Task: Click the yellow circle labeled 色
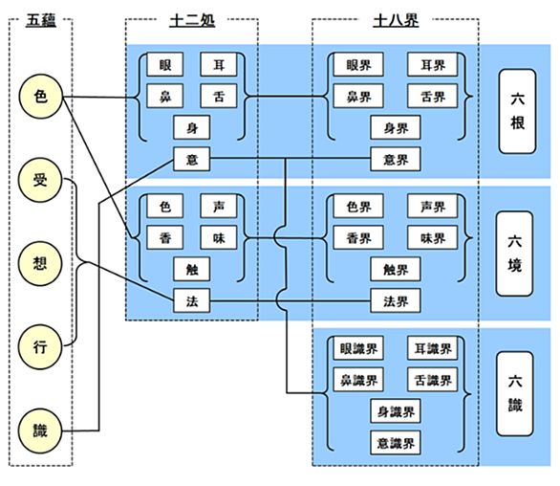(40, 97)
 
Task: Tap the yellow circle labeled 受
(40, 180)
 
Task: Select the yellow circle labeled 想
(40, 263)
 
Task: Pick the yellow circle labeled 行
(40, 347)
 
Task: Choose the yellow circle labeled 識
(40, 431)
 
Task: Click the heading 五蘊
(41, 20)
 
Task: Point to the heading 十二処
(192, 20)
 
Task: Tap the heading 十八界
(396, 20)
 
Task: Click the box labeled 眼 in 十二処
(165, 65)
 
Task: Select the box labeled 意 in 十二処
(192, 159)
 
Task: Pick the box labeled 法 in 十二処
(192, 301)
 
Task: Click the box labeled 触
(192, 269)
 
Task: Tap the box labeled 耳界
(433, 65)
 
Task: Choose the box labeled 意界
(396, 159)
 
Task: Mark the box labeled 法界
(396, 301)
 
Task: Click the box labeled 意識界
(396, 443)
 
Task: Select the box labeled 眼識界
(358, 348)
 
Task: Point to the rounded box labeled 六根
(517, 112)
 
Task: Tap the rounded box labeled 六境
(514, 254)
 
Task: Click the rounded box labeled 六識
(514, 394)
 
